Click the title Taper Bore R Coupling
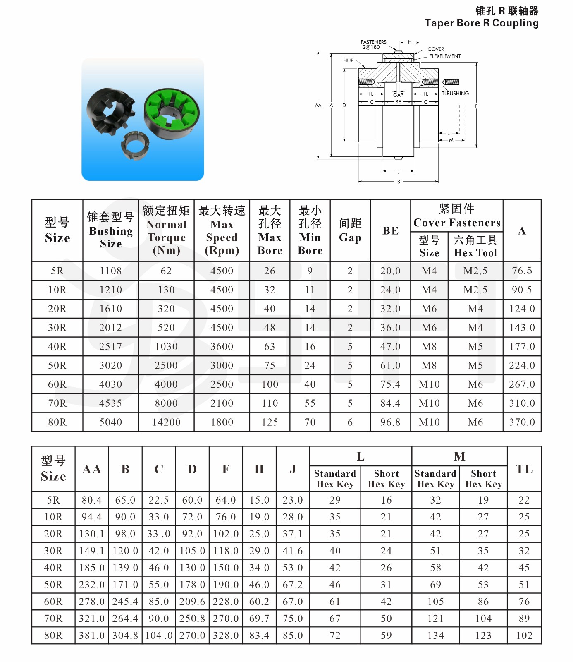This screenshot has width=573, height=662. [481, 23]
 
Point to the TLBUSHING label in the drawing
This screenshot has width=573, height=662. [455, 94]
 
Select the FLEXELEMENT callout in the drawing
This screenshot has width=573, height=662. [444, 56]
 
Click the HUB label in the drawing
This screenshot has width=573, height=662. [348, 60]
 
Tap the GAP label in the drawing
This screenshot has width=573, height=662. [398, 95]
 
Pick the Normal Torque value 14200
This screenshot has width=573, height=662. [166, 422]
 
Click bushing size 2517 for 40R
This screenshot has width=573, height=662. [110, 347]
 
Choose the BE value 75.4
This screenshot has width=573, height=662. [390, 384]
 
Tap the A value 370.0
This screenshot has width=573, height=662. [522, 422]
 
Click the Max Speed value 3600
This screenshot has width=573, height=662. [222, 347]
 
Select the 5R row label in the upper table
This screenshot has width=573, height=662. [57, 271]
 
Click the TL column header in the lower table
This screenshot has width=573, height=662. [524, 469]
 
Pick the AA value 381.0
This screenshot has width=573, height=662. [92, 636]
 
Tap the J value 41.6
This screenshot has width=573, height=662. [292, 551]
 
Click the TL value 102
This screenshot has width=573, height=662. [524, 636]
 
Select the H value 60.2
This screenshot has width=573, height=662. [259, 602]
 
